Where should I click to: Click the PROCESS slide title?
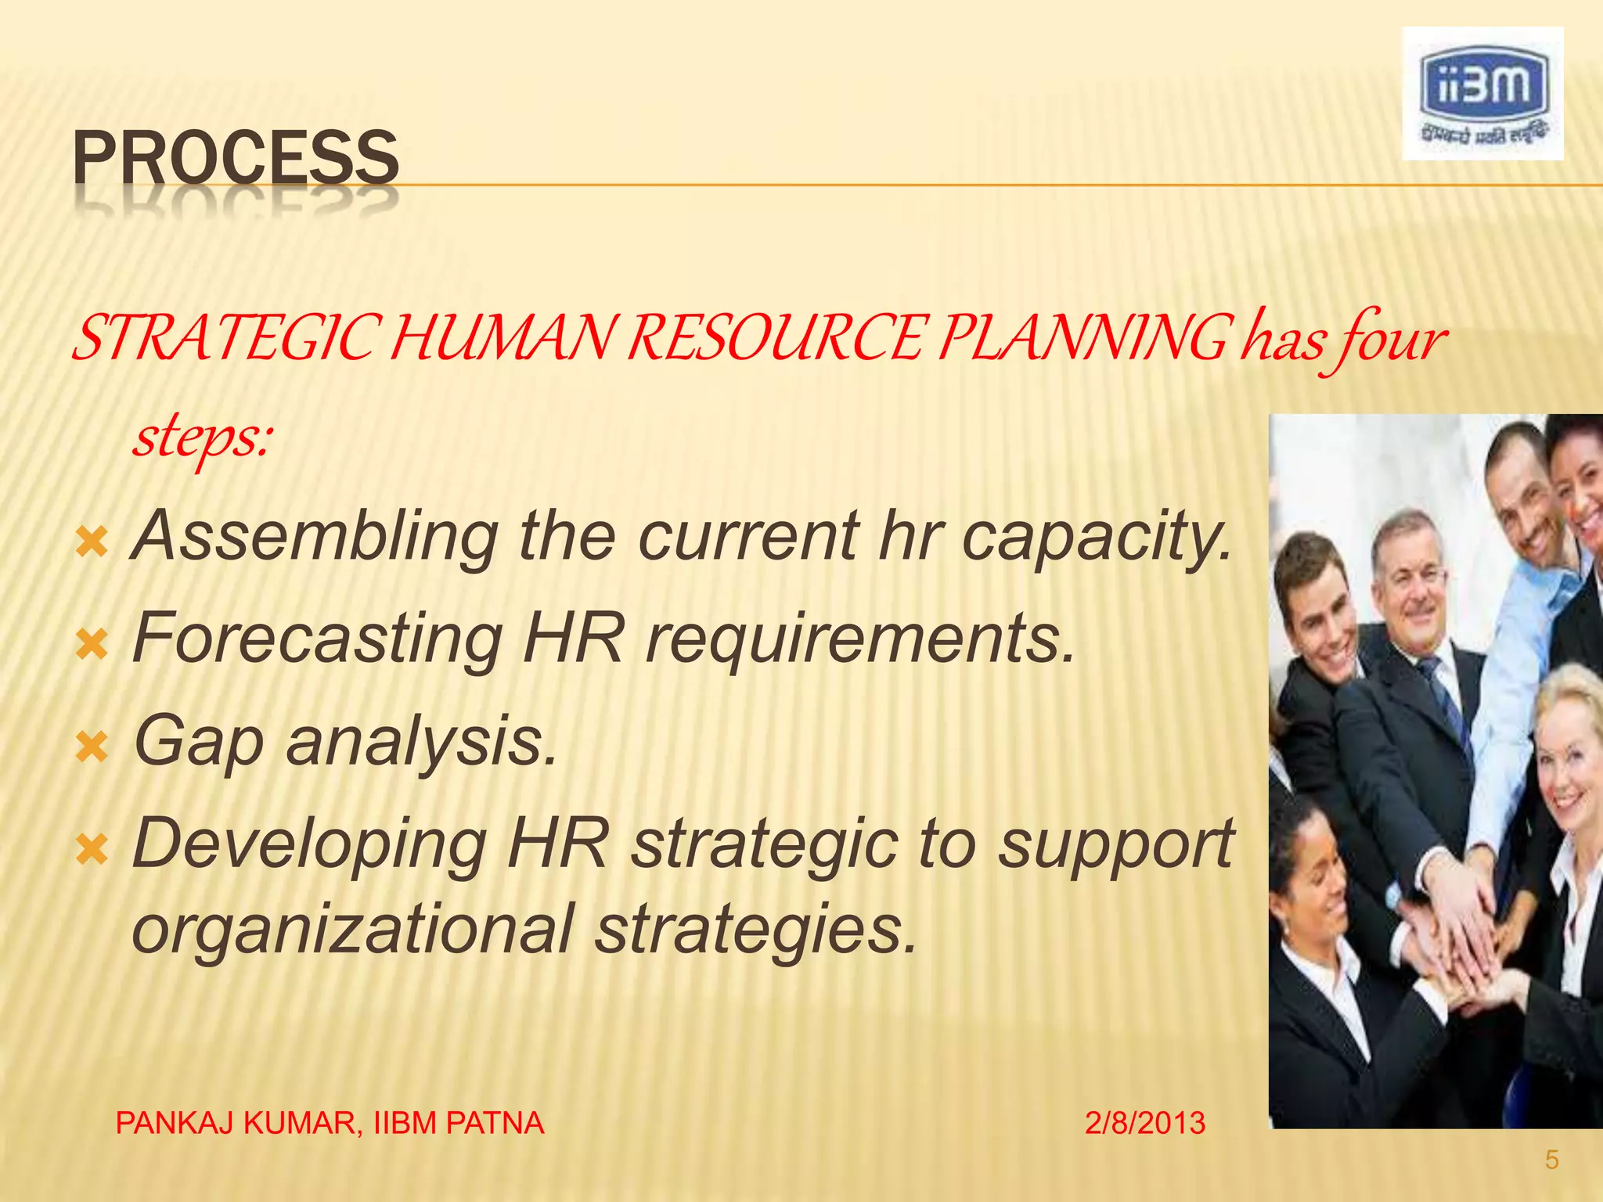[x=236, y=158]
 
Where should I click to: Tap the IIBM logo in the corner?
[x=1482, y=94]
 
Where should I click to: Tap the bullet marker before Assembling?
[x=92, y=542]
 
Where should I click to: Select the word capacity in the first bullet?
[x=1096, y=537]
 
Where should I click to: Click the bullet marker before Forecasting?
[x=92, y=646]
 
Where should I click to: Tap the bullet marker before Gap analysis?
[x=92, y=748]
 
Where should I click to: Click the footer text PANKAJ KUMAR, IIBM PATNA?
[x=330, y=1124]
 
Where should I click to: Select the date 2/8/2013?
[x=1145, y=1124]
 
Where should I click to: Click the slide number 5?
[x=1552, y=1160]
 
